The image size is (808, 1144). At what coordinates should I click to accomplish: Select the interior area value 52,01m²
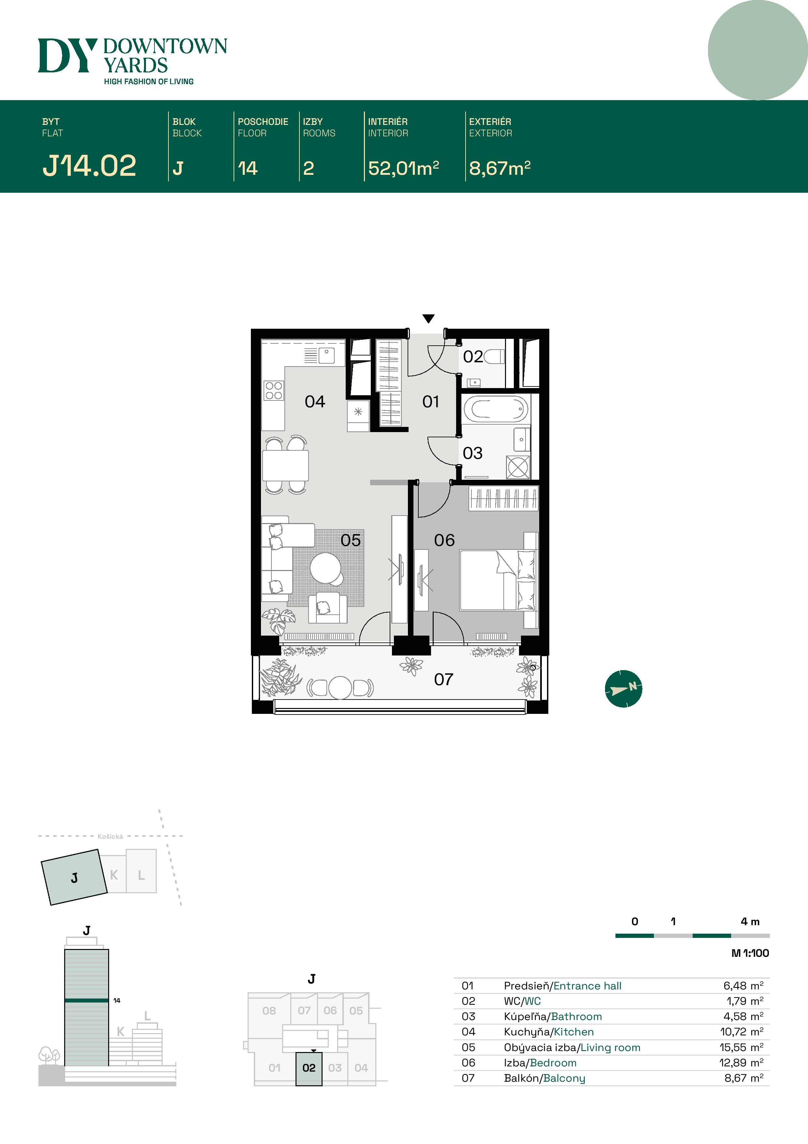[403, 168]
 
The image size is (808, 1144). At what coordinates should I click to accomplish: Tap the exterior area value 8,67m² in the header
[499, 168]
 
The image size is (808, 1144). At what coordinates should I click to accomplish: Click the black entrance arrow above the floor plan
[428, 318]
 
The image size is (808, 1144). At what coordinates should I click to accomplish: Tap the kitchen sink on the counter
[326, 355]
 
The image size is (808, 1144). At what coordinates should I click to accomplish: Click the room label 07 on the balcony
[443, 679]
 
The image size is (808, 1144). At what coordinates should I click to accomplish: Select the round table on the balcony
[340, 687]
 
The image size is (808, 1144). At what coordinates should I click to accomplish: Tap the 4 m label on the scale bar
[750, 921]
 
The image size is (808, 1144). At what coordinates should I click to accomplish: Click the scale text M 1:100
[750, 953]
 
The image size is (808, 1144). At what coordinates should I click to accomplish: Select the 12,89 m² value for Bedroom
[741, 1063]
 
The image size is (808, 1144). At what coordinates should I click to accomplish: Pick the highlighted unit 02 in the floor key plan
[309, 1068]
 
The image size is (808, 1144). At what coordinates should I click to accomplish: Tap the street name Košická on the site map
[110, 836]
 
